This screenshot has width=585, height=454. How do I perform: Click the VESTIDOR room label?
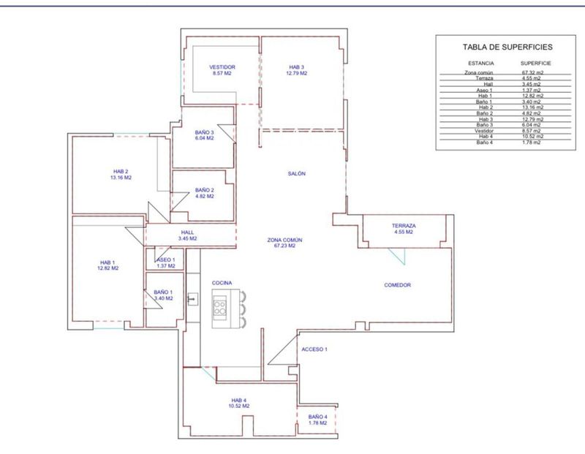click(x=222, y=67)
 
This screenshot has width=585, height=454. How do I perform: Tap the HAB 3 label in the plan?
click(x=296, y=67)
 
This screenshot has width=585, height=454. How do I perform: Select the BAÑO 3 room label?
click(x=205, y=132)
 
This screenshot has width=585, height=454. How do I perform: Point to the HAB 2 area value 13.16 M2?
click(x=121, y=178)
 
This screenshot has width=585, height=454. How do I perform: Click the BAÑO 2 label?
click(x=205, y=190)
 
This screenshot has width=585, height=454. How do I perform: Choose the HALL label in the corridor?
click(x=187, y=232)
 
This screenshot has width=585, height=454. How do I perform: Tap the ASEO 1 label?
click(x=166, y=260)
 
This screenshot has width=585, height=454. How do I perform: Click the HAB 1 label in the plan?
click(x=107, y=262)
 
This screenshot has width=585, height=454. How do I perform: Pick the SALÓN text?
click(x=297, y=173)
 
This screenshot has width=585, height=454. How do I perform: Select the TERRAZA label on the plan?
click(x=404, y=226)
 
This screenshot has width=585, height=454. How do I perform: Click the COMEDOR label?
click(x=397, y=285)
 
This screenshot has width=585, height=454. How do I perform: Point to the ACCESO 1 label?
click(x=314, y=349)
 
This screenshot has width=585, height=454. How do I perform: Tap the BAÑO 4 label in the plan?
click(x=318, y=417)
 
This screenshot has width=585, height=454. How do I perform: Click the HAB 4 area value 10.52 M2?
click(x=239, y=406)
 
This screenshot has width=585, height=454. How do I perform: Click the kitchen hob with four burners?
click(x=219, y=306)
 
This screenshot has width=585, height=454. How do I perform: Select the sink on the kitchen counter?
click(x=192, y=299)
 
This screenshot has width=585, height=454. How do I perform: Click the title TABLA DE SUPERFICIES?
click(x=507, y=47)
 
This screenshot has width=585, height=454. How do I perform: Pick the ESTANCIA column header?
click(x=481, y=64)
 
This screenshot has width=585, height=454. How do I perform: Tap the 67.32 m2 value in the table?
click(x=532, y=72)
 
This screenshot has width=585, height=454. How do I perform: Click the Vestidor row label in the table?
click(x=484, y=131)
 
